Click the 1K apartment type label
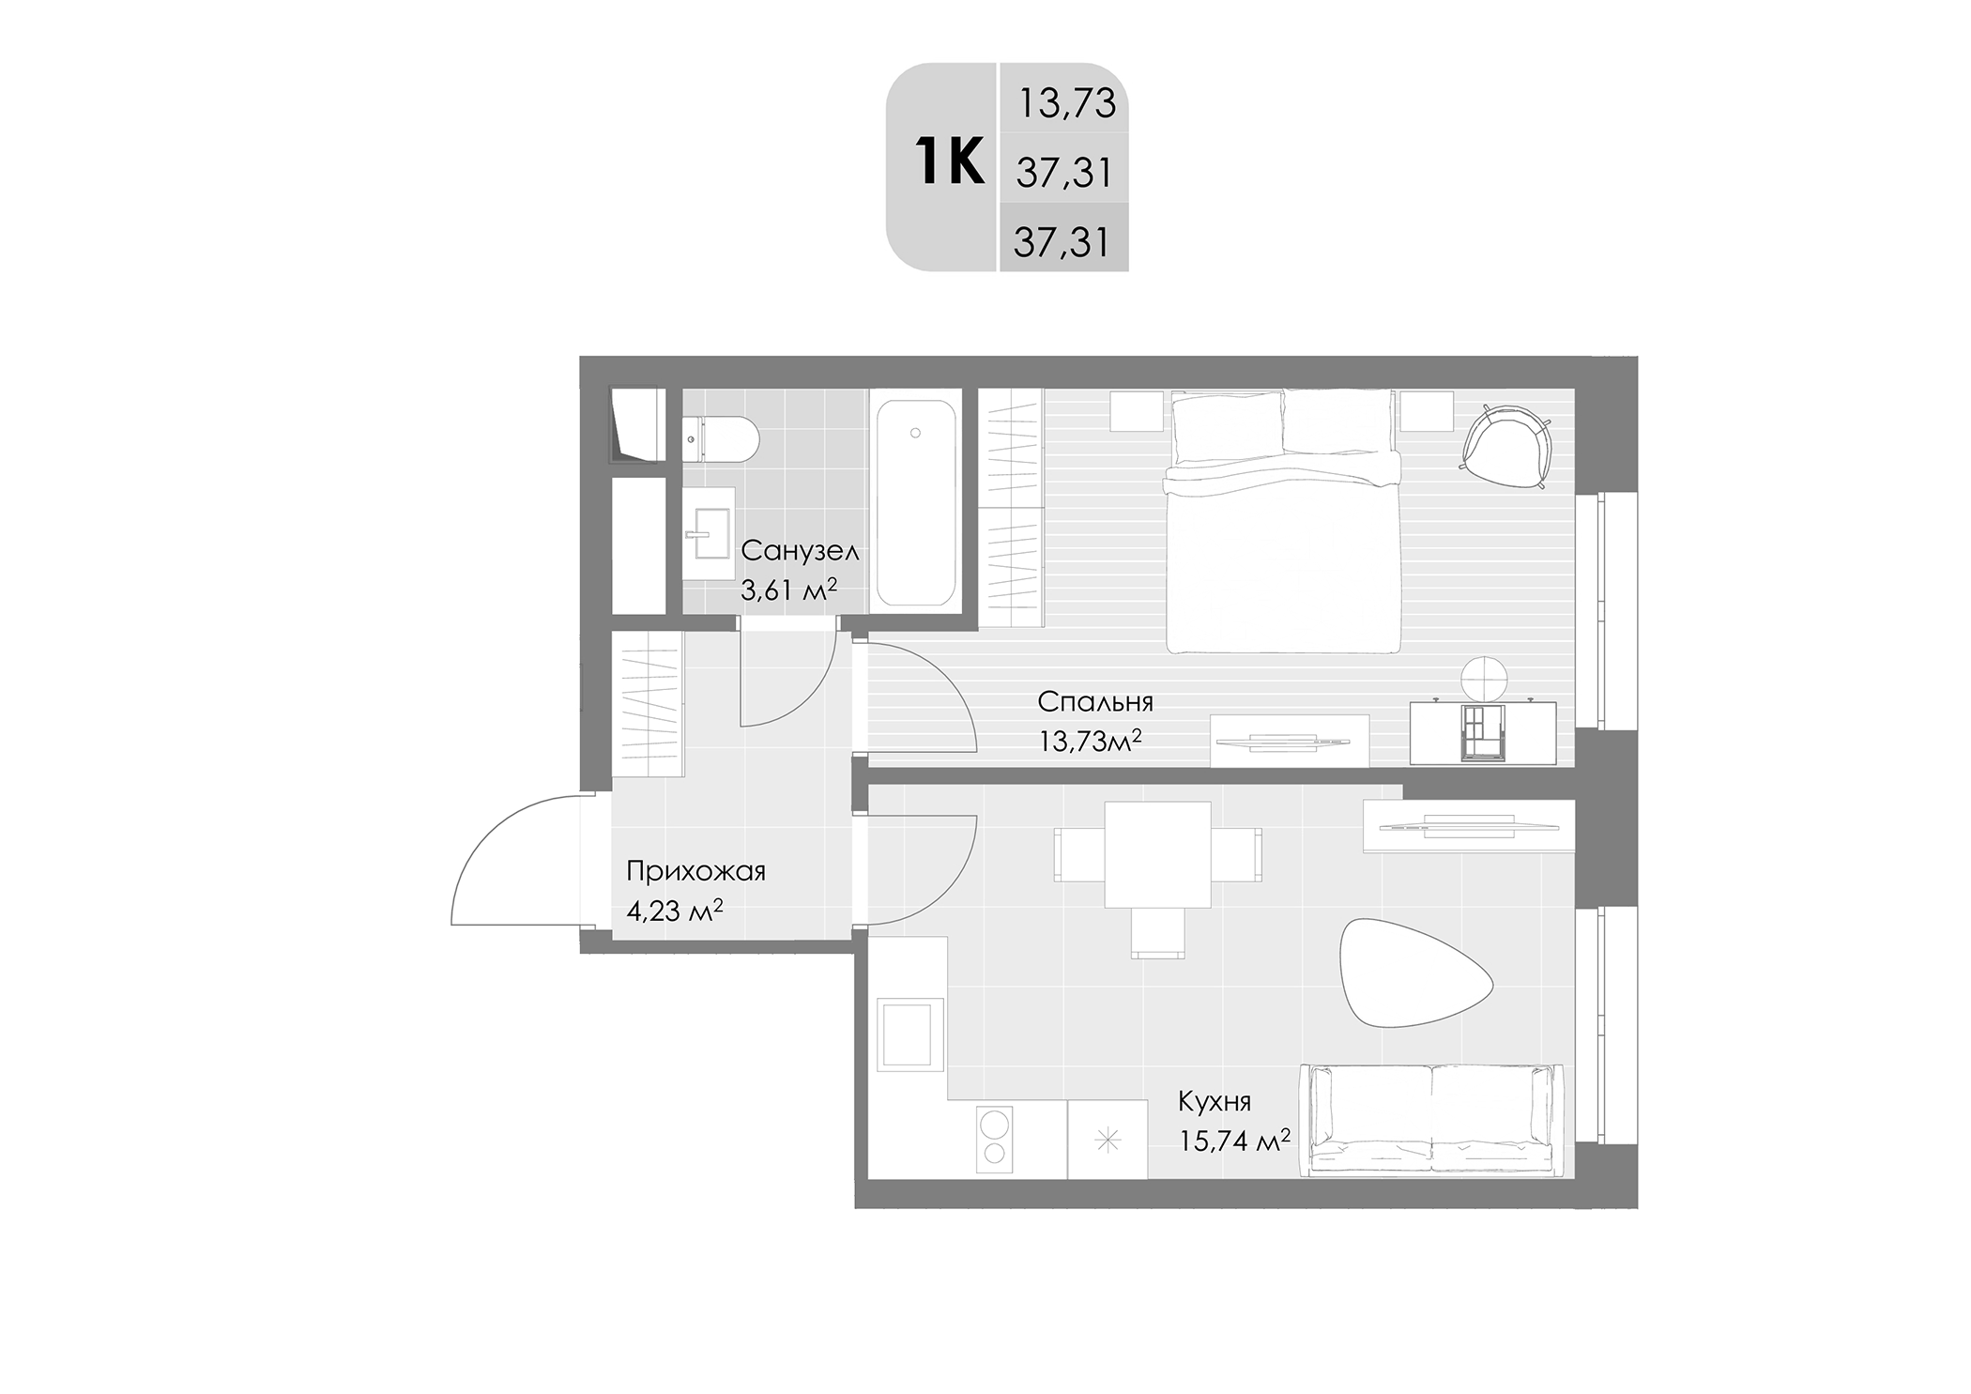(x=949, y=161)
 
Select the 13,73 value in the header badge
(x=1066, y=103)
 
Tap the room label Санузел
(x=800, y=551)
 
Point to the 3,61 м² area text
(x=788, y=590)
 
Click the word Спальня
(x=1095, y=702)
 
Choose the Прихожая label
(x=695, y=872)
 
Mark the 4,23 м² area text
(x=674, y=910)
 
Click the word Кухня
(x=1215, y=1101)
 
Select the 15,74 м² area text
(x=1234, y=1141)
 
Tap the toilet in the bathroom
(x=720, y=439)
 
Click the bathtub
(x=916, y=502)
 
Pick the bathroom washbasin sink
(x=707, y=534)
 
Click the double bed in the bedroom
(x=1282, y=522)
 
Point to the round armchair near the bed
(x=1505, y=446)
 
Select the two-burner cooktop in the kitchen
(x=995, y=1138)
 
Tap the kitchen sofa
(x=1431, y=1120)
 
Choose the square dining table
(x=1157, y=854)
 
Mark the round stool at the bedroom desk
(x=1485, y=679)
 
